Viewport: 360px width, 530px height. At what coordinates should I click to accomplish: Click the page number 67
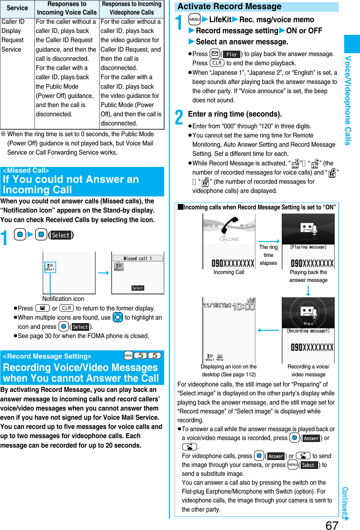(332, 525)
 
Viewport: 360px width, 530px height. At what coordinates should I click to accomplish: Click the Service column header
(17, 8)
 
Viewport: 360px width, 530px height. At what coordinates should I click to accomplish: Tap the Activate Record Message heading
(229, 7)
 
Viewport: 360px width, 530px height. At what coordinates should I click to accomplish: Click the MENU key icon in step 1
(194, 20)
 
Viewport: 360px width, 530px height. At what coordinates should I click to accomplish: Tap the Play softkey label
(232, 54)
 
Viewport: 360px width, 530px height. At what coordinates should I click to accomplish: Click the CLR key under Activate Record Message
(217, 63)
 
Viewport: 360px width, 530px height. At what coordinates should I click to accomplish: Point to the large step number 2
(179, 117)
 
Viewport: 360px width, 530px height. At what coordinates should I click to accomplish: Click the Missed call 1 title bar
(138, 258)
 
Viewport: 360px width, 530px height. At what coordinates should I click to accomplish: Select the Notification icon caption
(63, 299)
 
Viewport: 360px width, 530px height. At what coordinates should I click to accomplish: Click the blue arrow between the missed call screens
(103, 273)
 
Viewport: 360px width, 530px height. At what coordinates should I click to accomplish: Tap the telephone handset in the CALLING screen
(229, 226)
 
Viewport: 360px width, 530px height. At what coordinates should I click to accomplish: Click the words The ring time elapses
(268, 255)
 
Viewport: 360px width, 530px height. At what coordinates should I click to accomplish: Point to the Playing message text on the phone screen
(308, 247)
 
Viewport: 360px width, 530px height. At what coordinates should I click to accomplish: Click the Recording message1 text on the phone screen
(308, 331)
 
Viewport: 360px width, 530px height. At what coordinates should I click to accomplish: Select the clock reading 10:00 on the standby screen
(243, 306)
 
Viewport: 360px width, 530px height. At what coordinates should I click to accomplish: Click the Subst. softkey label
(309, 465)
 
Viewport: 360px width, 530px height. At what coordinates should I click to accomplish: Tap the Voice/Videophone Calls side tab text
(348, 100)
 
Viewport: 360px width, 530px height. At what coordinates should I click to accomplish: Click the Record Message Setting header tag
(47, 356)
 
